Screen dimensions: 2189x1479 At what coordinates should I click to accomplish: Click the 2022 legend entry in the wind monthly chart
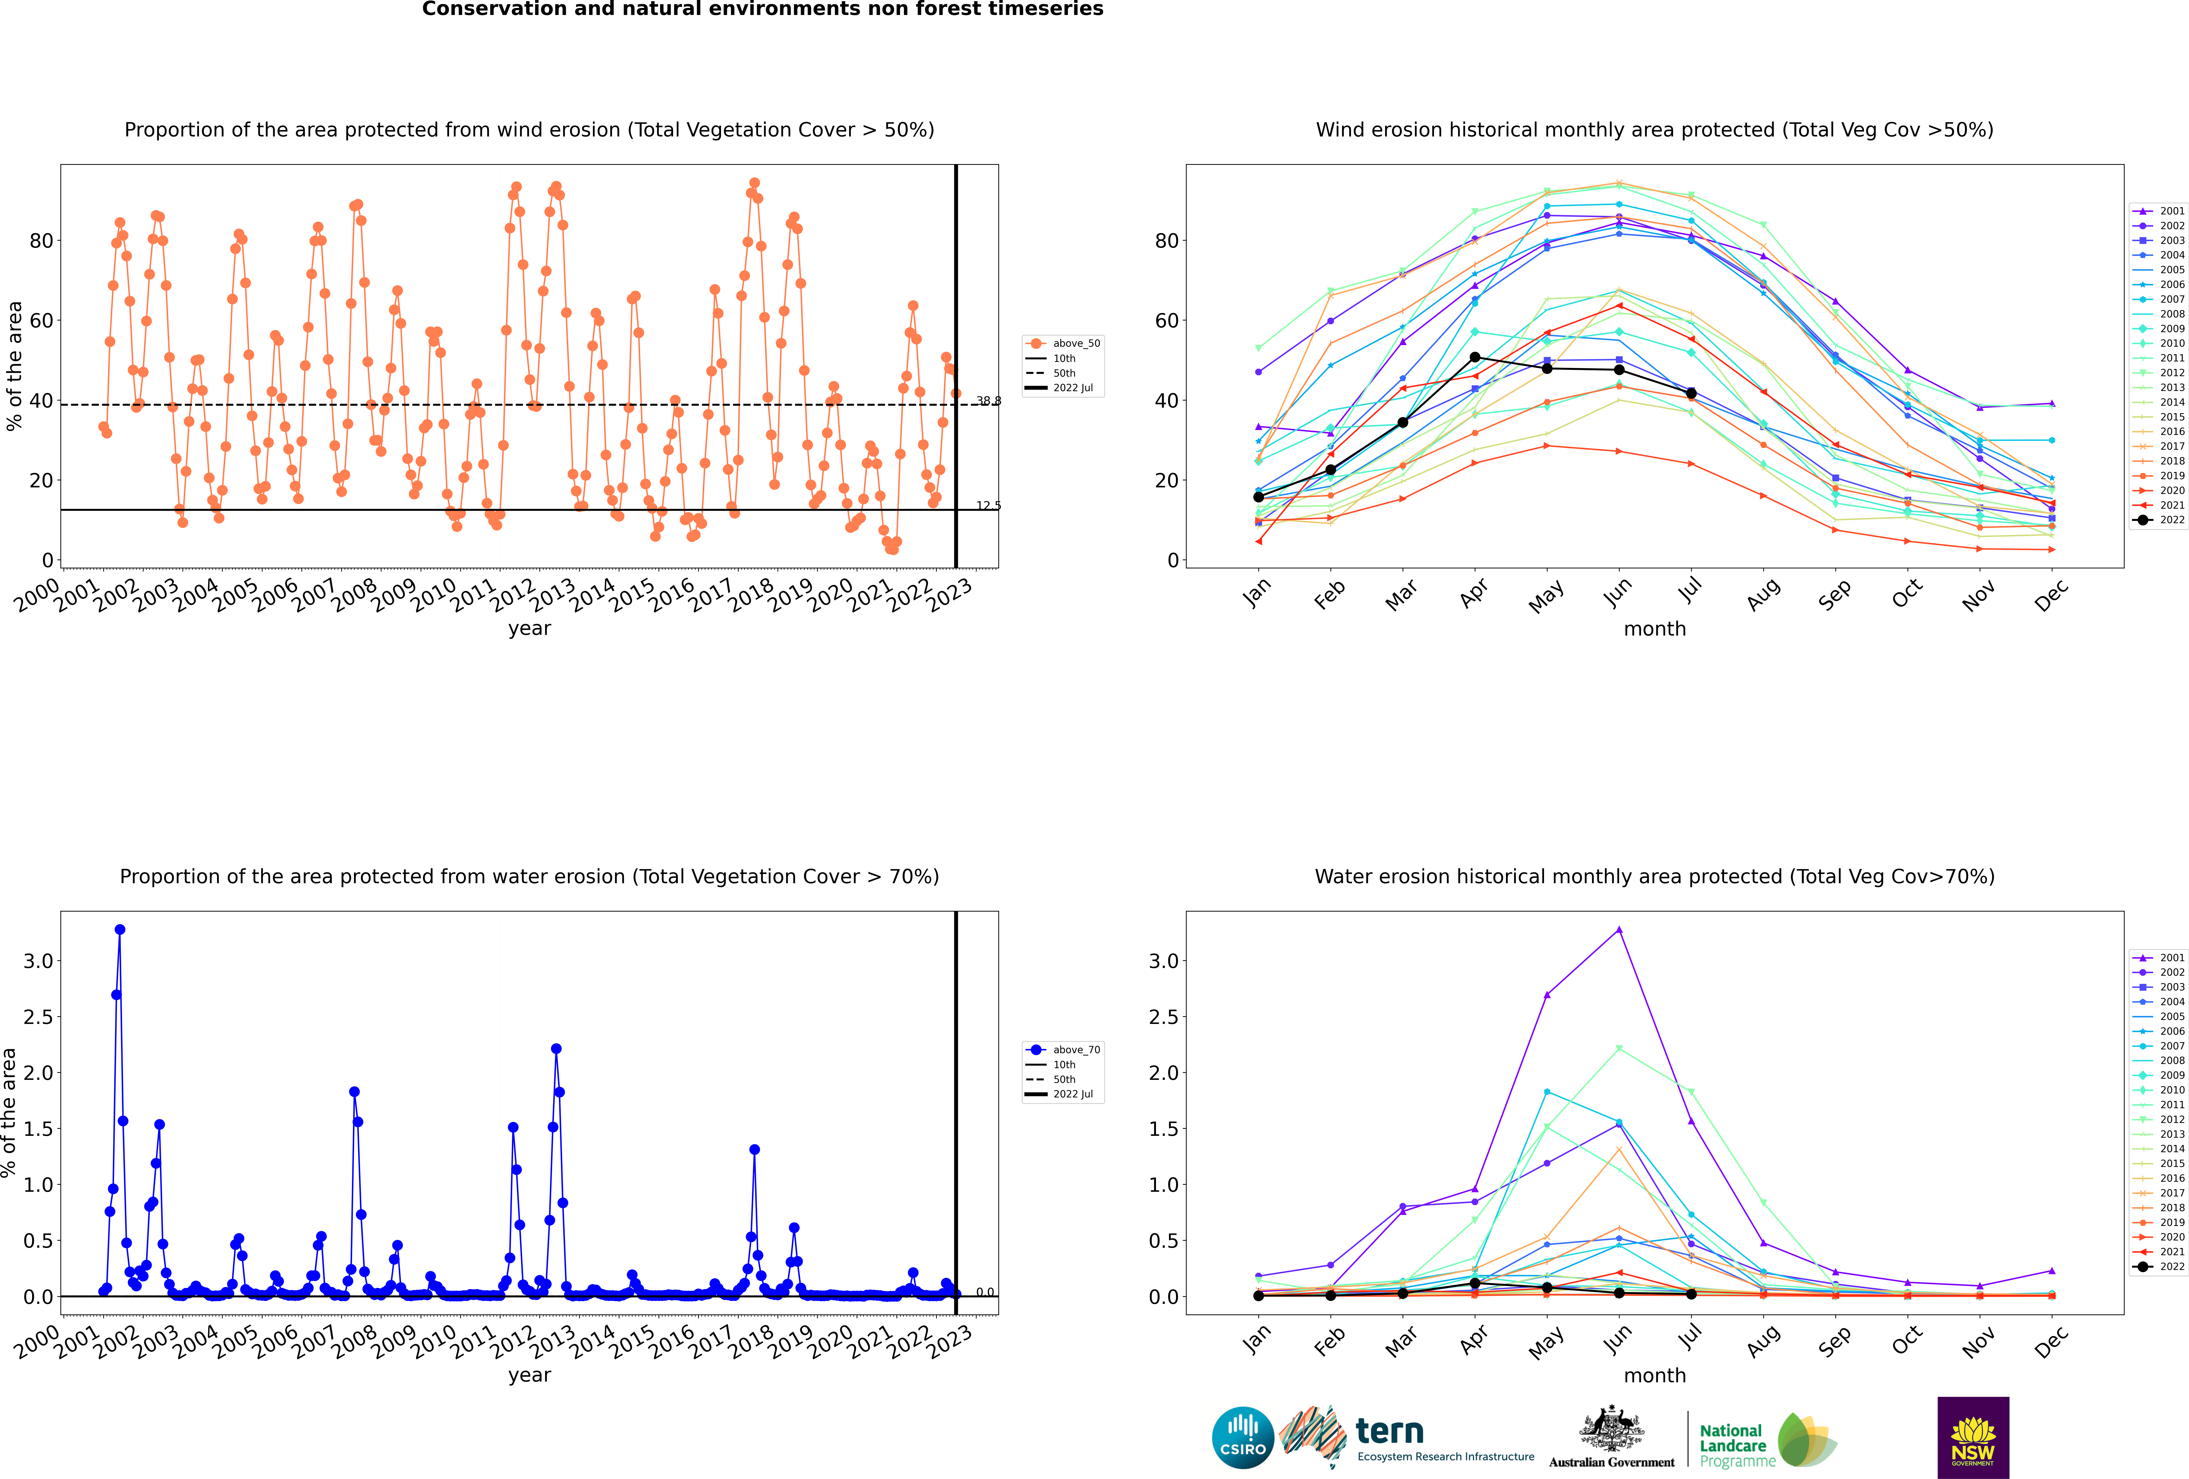[x=2159, y=520]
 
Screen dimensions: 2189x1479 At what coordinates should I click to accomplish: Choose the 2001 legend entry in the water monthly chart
[x=2159, y=957]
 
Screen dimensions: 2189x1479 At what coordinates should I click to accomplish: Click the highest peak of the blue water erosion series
[x=120, y=929]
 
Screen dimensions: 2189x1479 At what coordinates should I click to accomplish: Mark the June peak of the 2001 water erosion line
[x=1619, y=929]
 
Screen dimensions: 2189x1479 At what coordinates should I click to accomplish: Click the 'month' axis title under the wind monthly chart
[x=1655, y=629]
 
